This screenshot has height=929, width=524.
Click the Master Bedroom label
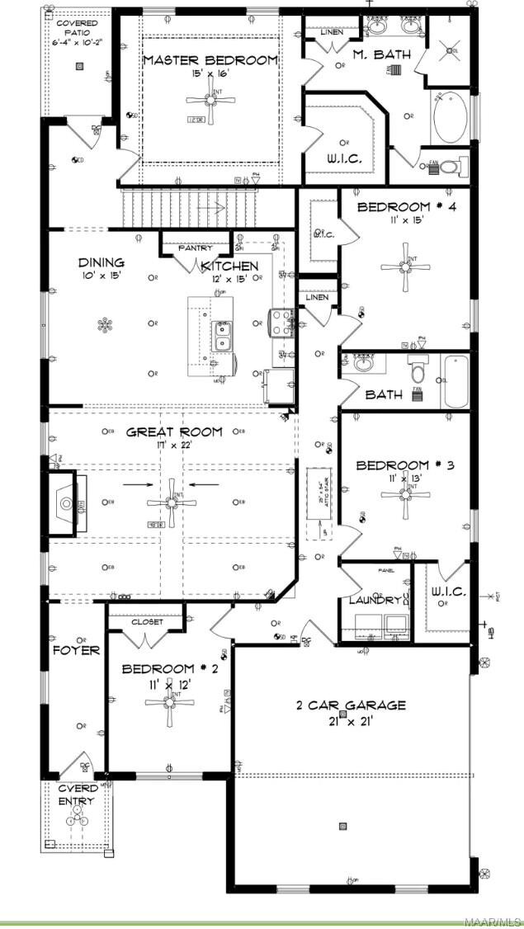(x=210, y=60)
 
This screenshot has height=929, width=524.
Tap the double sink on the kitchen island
(x=222, y=335)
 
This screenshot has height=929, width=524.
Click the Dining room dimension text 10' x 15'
(x=101, y=276)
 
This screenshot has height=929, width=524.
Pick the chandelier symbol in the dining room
(x=104, y=324)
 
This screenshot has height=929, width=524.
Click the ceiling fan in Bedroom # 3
(x=404, y=495)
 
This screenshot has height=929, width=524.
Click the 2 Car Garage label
(x=352, y=705)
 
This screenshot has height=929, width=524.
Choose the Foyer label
(x=76, y=650)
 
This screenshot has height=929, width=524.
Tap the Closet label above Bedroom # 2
(x=147, y=622)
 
